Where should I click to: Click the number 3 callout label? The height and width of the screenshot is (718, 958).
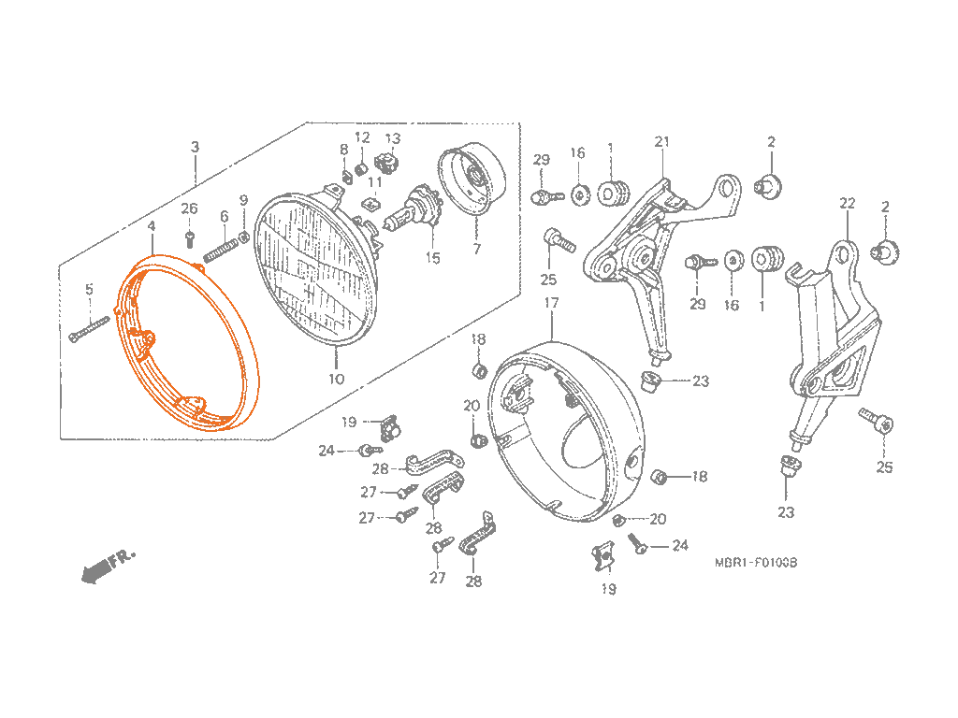pos(195,147)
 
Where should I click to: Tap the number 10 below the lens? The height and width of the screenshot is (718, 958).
pos(336,379)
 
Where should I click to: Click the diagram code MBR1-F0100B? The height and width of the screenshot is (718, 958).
pos(755,563)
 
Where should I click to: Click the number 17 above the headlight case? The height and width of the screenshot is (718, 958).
pos(551,303)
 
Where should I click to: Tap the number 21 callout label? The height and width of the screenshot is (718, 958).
pos(662,142)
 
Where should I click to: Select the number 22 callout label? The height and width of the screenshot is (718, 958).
pos(848,203)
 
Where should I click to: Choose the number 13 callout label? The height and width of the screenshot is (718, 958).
pos(393,139)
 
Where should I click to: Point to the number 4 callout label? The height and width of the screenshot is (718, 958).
pos(152,225)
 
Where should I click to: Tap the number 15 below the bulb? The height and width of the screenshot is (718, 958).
pos(432,258)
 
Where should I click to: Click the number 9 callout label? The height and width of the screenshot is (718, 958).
pos(243,200)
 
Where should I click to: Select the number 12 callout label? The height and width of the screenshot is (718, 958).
pos(362,137)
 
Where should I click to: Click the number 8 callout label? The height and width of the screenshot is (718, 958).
pos(343,150)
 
